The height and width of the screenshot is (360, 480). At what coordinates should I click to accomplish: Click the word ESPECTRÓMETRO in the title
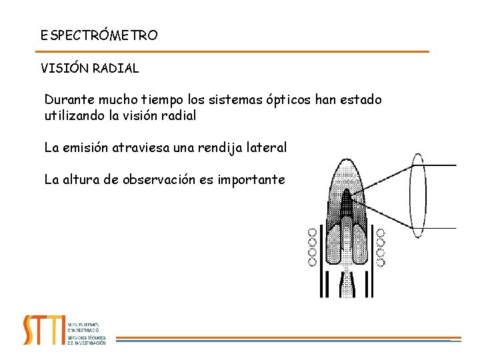point(99,35)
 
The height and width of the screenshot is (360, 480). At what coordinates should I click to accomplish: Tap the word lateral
point(267,147)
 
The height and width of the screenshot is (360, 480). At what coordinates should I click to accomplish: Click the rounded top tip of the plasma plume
point(346,163)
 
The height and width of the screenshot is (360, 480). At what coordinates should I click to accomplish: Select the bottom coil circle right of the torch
point(381,261)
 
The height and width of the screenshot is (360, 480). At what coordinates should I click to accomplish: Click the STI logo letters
point(43,329)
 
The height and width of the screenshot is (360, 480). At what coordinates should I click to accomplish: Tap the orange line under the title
point(233,51)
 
